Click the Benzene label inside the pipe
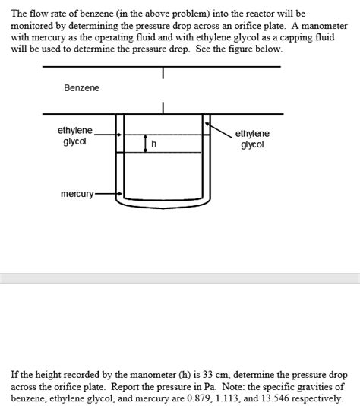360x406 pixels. pyautogui.click(x=81, y=88)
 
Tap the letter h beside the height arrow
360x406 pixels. pyautogui.click(x=154, y=144)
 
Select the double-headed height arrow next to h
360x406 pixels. pyautogui.click(x=145, y=144)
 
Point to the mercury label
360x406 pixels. pyautogui.click(x=77, y=194)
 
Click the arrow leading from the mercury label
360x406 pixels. pyautogui.click(x=108, y=194)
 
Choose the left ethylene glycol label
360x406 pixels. pyautogui.click(x=74, y=135)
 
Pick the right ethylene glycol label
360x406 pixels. pyautogui.click(x=252, y=139)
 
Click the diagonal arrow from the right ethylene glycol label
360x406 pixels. pyautogui.click(x=219, y=131)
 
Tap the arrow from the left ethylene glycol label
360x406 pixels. pyautogui.click(x=108, y=135)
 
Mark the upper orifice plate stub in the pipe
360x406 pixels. pyautogui.click(x=163, y=73)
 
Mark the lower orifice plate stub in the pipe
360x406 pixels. pyautogui.click(x=163, y=108)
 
